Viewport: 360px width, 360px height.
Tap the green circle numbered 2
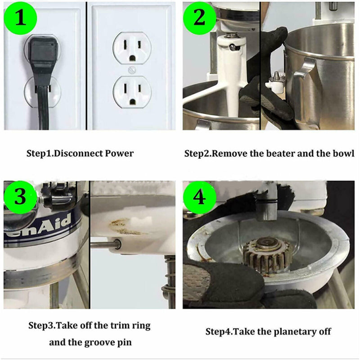pyautogui.click(x=199, y=18)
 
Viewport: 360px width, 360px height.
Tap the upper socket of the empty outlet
pyautogui.click(x=132, y=49)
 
